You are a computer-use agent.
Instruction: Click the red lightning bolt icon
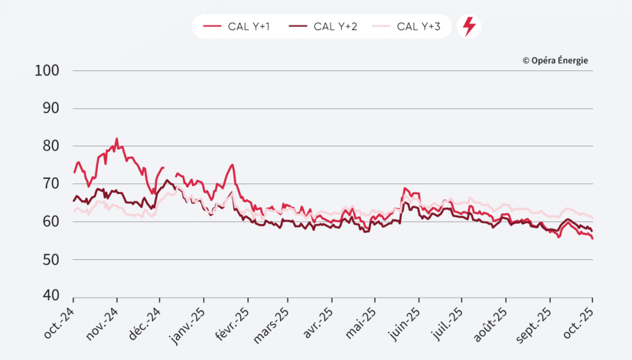tap(469, 27)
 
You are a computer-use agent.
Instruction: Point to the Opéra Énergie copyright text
tap(555, 61)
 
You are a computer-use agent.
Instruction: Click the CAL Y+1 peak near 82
tap(117, 139)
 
